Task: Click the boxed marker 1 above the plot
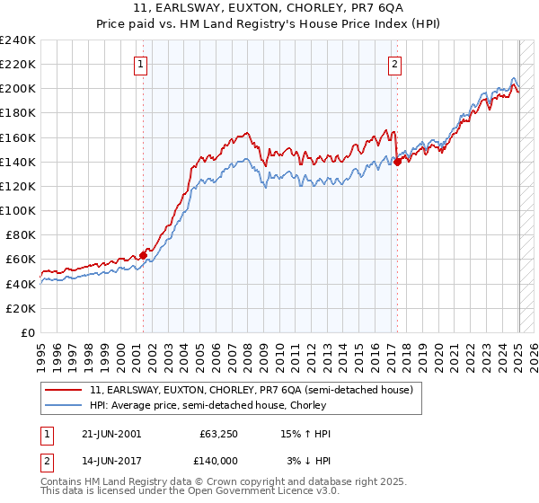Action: point(143,64)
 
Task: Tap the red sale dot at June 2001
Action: point(143,255)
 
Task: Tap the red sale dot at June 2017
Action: point(397,162)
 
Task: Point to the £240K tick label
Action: point(18,40)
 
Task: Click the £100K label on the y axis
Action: point(18,210)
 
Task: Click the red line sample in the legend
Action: point(64,390)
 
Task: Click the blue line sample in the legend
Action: point(64,405)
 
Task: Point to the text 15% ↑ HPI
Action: point(306,434)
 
